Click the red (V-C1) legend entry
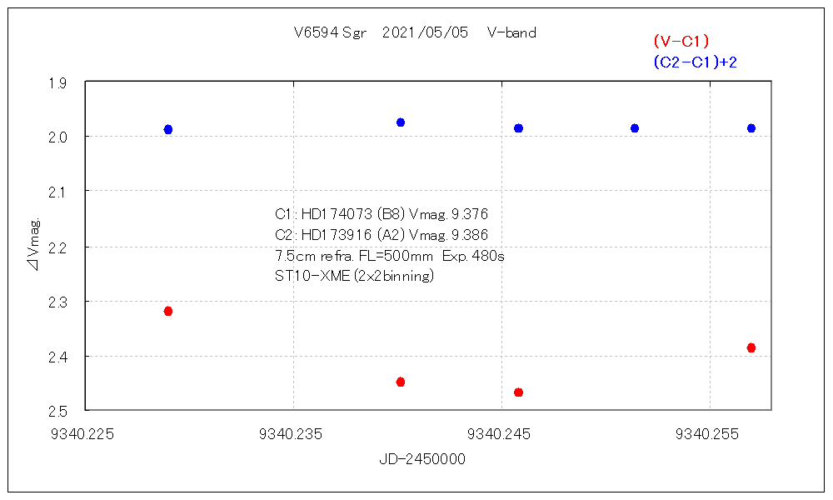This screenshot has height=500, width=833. (x=681, y=41)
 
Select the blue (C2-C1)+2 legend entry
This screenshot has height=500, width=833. (x=696, y=62)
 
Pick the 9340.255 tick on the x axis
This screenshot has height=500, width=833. (x=709, y=433)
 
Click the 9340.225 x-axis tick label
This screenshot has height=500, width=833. (x=85, y=433)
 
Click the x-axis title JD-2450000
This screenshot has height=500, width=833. (x=422, y=459)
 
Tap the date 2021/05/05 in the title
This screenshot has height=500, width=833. (x=425, y=33)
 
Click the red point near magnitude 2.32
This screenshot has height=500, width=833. (x=168, y=311)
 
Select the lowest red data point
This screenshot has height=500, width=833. (x=518, y=392)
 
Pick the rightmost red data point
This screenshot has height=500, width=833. (x=751, y=347)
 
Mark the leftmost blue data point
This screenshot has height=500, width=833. (x=168, y=129)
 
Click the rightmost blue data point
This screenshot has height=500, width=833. (x=751, y=128)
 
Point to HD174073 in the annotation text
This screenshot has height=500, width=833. (x=332, y=214)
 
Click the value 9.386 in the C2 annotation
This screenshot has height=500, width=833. (x=470, y=235)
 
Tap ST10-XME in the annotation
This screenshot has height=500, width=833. (x=307, y=276)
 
